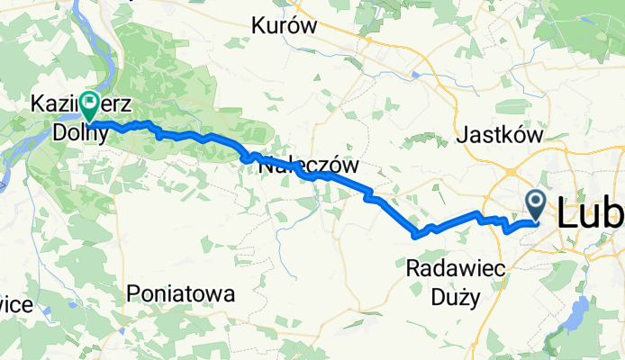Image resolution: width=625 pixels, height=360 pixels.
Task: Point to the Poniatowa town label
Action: point(181,293)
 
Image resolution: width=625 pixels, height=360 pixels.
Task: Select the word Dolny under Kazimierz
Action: point(79,133)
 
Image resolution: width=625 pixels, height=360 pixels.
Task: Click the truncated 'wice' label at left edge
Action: point(16,305)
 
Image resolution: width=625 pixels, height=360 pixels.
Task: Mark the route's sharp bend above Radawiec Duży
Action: point(416,235)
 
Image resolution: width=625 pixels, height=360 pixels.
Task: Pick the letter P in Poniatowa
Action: point(134,293)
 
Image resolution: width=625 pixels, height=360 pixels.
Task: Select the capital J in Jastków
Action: point(465,136)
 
